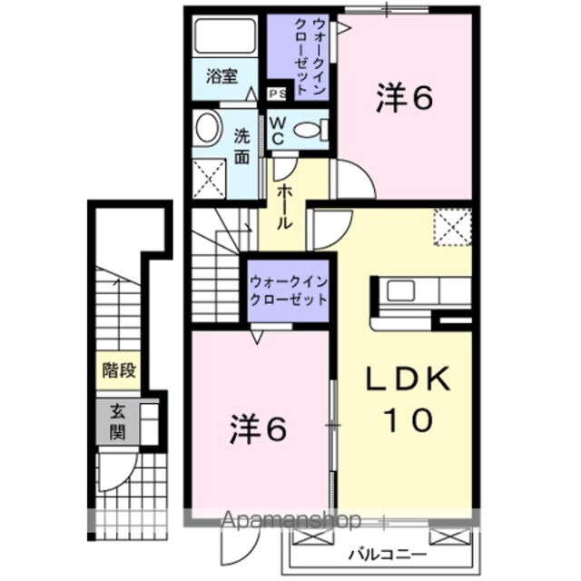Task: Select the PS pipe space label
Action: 275,93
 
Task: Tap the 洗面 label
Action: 241,146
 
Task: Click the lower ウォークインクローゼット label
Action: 289,290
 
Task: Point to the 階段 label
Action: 119,369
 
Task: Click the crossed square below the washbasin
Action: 210,175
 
